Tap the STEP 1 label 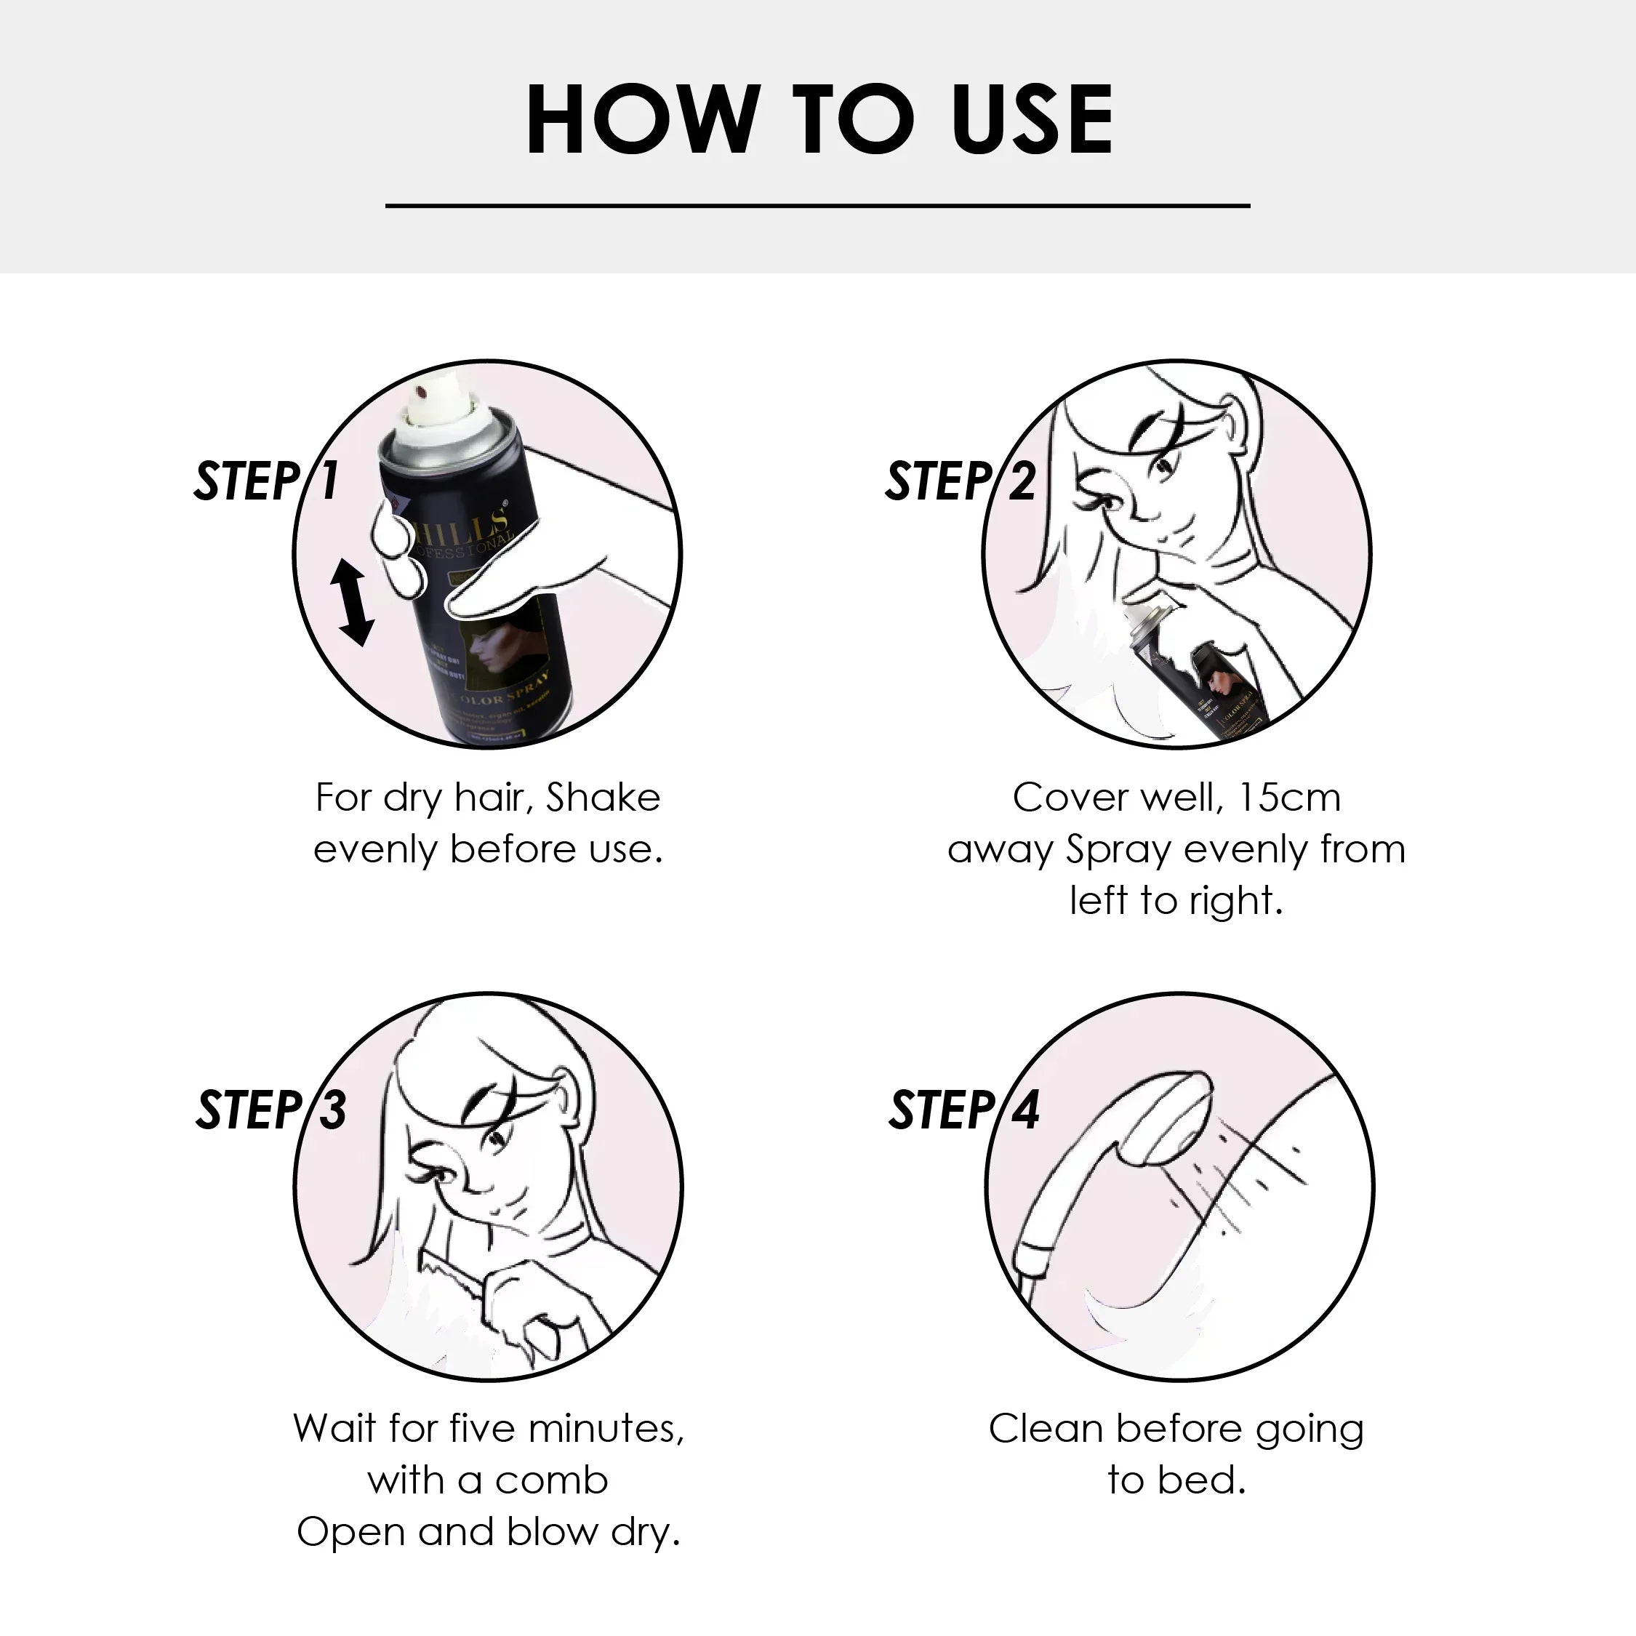[x=266, y=481]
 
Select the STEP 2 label [x=959, y=481]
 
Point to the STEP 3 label [x=270, y=1110]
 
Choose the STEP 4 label [x=963, y=1110]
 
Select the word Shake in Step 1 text [x=602, y=798]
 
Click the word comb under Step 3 [x=551, y=1480]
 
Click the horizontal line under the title [x=817, y=205]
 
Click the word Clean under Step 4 [x=1046, y=1429]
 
